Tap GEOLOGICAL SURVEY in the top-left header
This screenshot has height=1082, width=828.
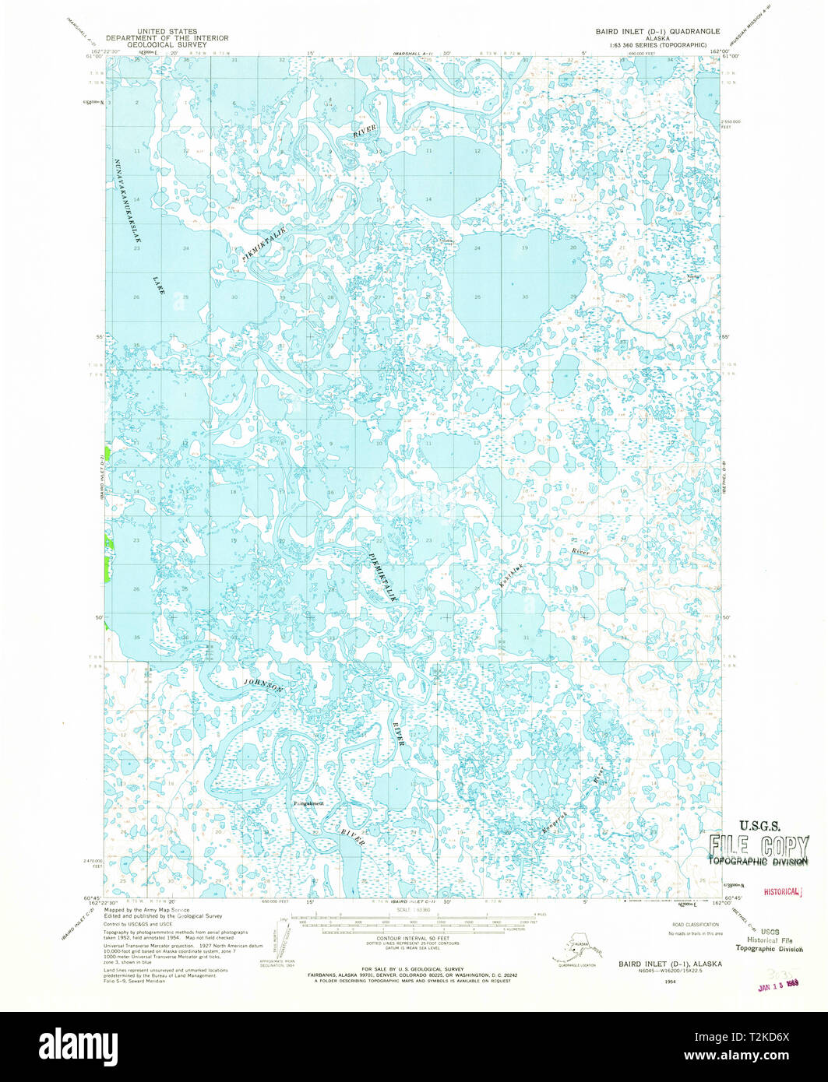[167, 45]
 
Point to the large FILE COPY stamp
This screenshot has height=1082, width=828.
[757, 846]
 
